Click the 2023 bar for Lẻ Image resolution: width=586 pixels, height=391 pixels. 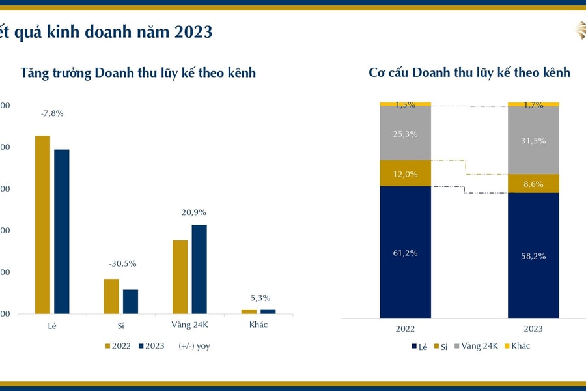(x=62, y=231)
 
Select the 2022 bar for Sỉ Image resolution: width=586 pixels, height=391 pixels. (x=111, y=297)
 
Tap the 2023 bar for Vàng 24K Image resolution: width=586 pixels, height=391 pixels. (x=199, y=269)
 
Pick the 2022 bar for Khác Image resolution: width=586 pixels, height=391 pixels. (x=249, y=311)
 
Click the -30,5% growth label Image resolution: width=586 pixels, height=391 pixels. (x=122, y=263)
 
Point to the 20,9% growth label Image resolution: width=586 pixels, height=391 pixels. (x=193, y=212)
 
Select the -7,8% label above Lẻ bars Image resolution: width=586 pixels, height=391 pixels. (x=52, y=113)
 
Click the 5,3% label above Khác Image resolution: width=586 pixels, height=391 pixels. (x=260, y=298)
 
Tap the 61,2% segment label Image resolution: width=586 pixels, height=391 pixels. (x=405, y=253)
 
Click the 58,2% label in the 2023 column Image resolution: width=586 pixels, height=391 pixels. (x=533, y=256)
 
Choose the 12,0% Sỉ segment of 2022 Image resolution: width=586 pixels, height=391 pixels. (x=405, y=173)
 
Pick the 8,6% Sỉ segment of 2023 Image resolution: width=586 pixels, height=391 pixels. (x=533, y=184)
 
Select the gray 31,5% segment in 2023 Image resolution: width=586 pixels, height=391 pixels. (x=533, y=140)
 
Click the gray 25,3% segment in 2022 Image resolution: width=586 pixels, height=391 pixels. (x=405, y=133)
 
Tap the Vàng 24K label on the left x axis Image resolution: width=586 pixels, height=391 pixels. (x=189, y=325)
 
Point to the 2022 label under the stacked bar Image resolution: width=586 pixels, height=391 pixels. (x=404, y=329)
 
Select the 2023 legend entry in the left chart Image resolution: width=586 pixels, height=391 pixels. (x=151, y=346)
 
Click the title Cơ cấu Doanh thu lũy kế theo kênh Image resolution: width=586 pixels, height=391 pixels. (x=469, y=72)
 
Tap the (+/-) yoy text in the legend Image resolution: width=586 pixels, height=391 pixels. (x=194, y=346)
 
